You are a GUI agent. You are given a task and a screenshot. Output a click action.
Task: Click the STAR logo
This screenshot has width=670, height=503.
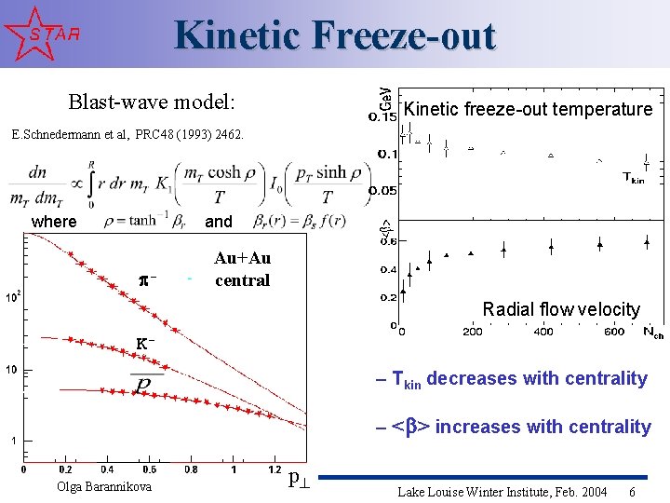(43, 34)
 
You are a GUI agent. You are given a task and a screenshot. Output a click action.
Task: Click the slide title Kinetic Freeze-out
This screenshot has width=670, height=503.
(335, 35)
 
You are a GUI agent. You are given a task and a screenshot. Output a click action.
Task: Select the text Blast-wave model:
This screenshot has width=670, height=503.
(152, 101)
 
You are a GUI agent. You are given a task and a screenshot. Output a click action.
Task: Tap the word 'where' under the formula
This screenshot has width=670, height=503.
(54, 222)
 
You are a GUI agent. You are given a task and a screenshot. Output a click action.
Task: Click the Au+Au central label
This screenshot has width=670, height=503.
(242, 269)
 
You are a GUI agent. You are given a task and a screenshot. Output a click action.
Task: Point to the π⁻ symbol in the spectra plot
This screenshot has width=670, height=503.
(146, 279)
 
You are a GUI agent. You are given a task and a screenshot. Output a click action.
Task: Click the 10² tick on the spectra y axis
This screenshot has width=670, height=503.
(13, 298)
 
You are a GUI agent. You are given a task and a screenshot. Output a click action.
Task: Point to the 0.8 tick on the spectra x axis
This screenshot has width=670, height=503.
(191, 469)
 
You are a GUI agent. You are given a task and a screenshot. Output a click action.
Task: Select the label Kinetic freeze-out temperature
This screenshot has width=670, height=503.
(528, 109)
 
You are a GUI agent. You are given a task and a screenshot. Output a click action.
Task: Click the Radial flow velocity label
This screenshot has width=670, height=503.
(561, 309)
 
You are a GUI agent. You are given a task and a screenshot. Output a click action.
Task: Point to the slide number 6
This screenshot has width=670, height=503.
(633, 491)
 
